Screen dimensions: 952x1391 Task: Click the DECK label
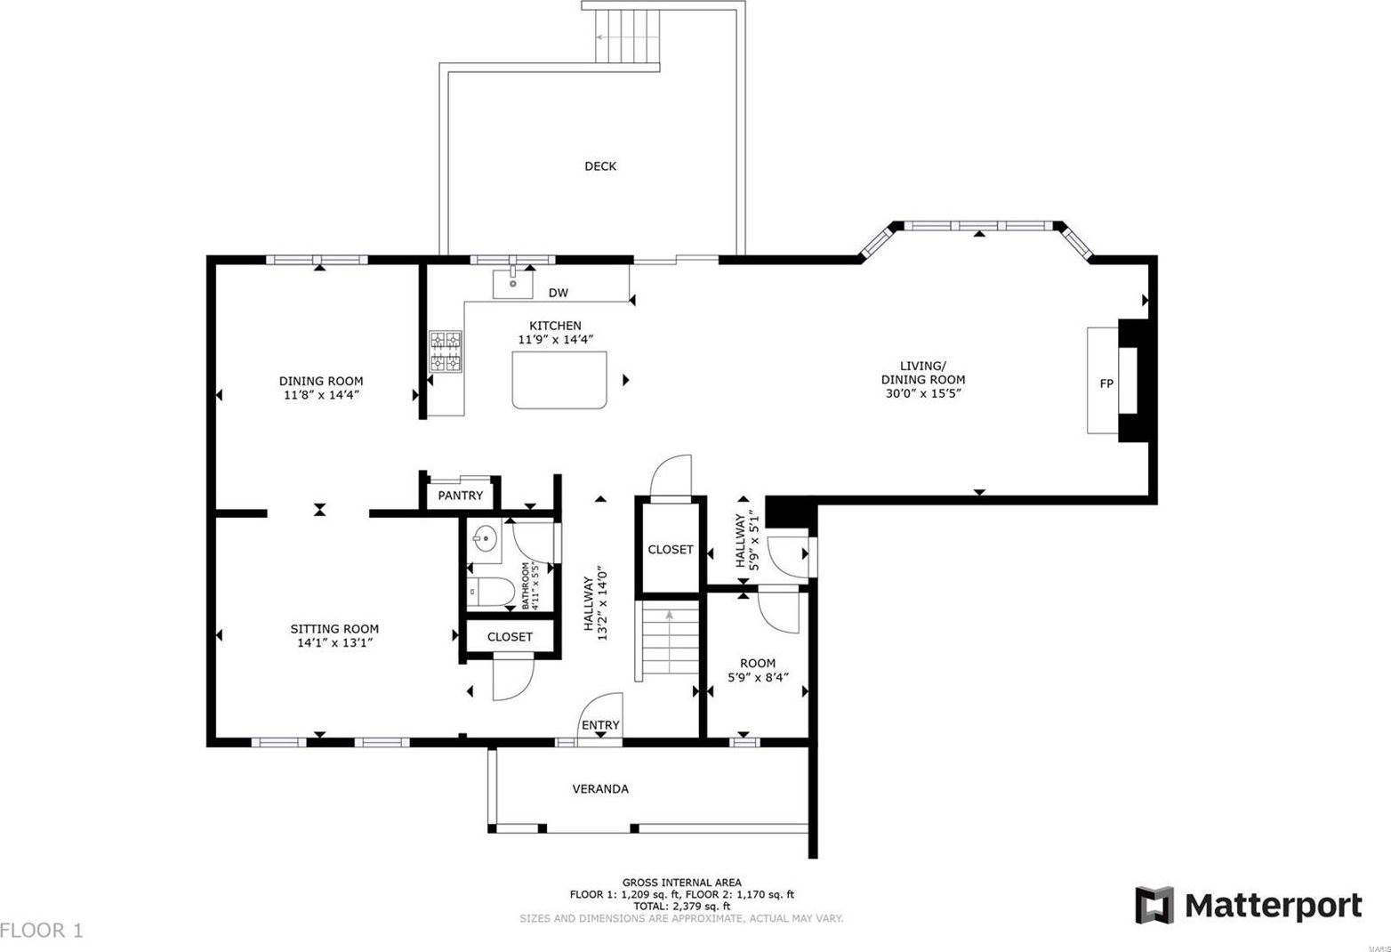(600, 166)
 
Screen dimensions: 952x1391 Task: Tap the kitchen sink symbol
(513, 285)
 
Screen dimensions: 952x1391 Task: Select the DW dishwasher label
(558, 293)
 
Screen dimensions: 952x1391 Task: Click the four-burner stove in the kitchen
(446, 351)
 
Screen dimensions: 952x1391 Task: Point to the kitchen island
(559, 379)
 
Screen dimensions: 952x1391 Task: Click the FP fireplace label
(1106, 383)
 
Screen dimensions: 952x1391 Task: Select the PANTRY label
(460, 496)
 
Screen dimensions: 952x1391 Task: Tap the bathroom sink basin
(485, 539)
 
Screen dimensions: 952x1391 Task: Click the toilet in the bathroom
(488, 592)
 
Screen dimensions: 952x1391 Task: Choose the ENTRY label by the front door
(600, 725)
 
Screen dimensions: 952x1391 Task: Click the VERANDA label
(600, 788)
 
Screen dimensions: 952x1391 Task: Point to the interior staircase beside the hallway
(668, 641)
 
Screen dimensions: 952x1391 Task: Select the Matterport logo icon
(1154, 905)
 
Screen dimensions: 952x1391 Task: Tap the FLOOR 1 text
(42, 931)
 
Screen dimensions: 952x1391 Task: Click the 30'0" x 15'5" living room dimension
(921, 392)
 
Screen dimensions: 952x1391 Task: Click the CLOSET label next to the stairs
(670, 550)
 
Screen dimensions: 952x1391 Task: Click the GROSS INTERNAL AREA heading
(681, 883)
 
